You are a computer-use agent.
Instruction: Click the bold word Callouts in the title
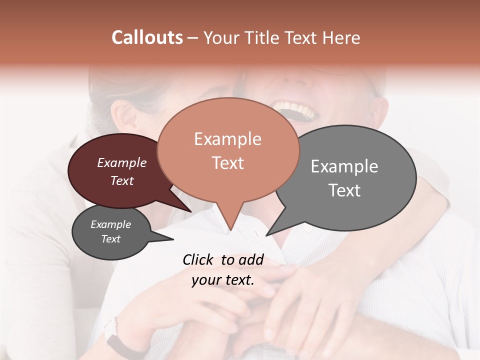tap(147, 37)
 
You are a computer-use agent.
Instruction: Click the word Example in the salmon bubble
tap(227, 139)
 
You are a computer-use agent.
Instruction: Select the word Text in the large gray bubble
tap(344, 190)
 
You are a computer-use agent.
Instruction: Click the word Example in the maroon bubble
tap(122, 163)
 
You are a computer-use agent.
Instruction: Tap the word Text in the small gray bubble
tap(111, 239)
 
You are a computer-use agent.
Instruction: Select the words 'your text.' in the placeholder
tap(223, 280)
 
